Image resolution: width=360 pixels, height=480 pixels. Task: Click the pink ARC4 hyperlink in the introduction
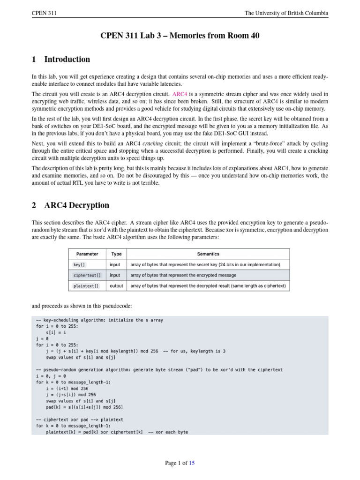tap(180, 94)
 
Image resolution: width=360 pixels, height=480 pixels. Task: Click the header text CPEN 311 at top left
tap(44, 13)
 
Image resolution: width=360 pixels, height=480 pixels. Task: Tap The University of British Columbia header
tap(286, 13)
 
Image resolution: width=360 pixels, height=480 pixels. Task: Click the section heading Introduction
tap(67, 60)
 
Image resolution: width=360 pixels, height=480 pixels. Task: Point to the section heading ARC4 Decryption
tap(76, 205)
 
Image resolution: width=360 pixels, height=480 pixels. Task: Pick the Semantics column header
tap(208, 254)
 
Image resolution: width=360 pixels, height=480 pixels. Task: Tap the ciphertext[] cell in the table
tap(87, 275)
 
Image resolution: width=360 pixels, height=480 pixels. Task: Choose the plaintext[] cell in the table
tap(86, 285)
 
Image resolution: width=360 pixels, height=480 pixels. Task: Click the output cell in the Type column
tap(117, 285)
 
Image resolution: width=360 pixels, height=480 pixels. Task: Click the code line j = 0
tap(42, 337)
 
